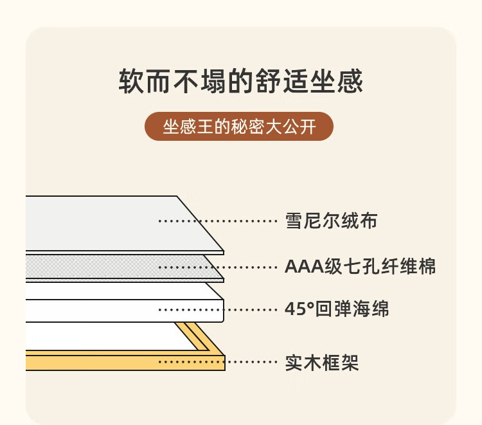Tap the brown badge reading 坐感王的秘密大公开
(239, 127)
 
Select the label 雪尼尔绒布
(331, 221)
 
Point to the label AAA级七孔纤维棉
(360, 266)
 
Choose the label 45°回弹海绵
(337, 309)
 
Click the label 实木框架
(321, 363)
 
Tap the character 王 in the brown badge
(204, 127)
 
